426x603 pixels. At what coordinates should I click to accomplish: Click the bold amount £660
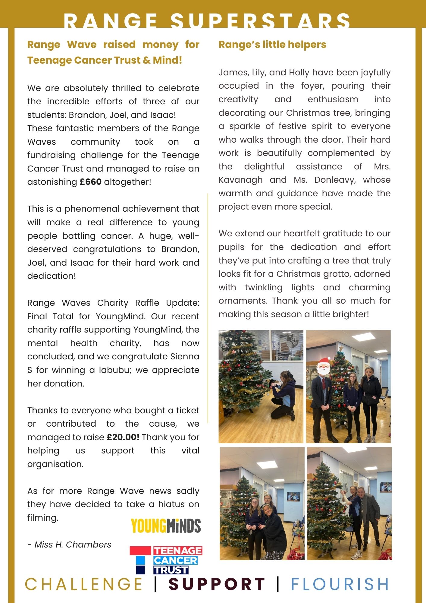click(x=90, y=182)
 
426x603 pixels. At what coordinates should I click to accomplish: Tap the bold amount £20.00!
click(x=123, y=437)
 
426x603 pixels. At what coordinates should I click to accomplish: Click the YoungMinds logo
click(x=166, y=526)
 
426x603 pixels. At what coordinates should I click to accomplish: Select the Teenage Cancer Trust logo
click(x=166, y=560)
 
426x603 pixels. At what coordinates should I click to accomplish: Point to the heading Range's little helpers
click(x=272, y=45)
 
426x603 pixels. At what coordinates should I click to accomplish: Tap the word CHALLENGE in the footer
click(x=84, y=584)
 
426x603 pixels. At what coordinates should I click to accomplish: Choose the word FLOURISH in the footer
click(x=340, y=584)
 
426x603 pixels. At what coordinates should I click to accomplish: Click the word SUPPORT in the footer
click(x=217, y=584)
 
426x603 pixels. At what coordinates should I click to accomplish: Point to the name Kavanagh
click(x=240, y=180)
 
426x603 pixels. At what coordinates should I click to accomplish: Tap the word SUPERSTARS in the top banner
click(x=260, y=21)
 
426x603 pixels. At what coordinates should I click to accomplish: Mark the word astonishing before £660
click(x=52, y=182)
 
